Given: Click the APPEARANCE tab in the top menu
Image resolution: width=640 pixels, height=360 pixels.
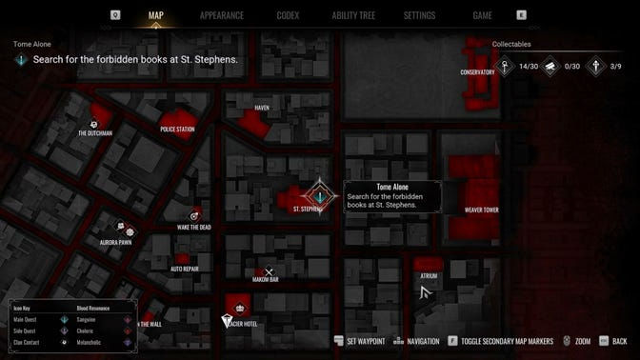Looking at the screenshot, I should tap(222, 15).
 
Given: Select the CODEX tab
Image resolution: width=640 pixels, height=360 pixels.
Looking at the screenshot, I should tap(288, 15).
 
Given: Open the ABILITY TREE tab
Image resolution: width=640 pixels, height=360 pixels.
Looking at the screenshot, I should tap(353, 15).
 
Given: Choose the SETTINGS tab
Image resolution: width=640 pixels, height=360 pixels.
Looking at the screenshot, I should tap(419, 15).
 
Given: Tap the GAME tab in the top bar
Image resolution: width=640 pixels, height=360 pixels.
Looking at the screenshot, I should tap(482, 15).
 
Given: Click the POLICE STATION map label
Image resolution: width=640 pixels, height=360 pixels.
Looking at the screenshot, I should tap(177, 129).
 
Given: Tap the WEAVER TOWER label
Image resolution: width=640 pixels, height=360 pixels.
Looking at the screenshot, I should tap(481, 210).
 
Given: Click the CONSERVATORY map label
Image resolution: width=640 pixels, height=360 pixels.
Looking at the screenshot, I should tap(477, 72).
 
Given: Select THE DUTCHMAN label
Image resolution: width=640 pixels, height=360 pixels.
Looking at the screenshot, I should tap(95, 133).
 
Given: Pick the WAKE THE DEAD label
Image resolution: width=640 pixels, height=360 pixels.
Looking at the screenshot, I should tap(194, 227).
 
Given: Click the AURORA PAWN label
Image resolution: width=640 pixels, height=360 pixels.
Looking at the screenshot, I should tap(116, 242).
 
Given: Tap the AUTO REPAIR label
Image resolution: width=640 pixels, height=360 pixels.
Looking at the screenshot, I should tap(184, 269).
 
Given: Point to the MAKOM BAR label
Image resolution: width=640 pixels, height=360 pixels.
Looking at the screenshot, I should tap(266, 280).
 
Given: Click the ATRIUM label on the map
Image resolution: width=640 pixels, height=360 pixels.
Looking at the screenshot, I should tap(429, 276).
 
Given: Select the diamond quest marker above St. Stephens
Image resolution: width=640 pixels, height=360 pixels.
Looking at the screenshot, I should tap(321, 194).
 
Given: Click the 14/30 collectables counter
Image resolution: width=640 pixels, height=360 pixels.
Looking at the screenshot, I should tap(529, 67).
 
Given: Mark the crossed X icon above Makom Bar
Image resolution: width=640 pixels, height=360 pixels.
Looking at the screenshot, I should tap(269, 271).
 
